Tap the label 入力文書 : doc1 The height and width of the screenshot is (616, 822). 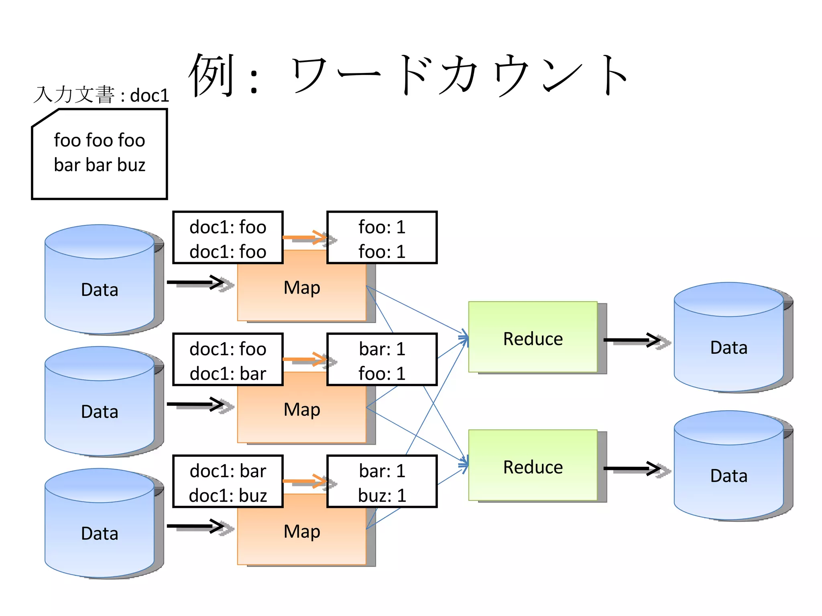(101, 95)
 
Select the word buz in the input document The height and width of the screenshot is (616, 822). (131, 165)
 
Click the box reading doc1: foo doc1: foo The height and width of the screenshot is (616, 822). (228, 238)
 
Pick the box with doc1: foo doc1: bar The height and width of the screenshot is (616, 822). (228, 360)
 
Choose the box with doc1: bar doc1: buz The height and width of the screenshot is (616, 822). (228, 482)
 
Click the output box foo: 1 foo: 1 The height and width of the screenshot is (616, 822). (382, 238)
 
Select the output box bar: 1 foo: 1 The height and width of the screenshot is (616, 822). (382, 360)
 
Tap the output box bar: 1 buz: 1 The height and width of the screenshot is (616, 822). (382, 482)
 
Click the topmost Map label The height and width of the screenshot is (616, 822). (302, 288)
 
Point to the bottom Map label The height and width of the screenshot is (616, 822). (302, 532)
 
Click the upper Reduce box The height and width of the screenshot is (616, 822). (533, 337)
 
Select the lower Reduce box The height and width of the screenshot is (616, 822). (533, 466)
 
